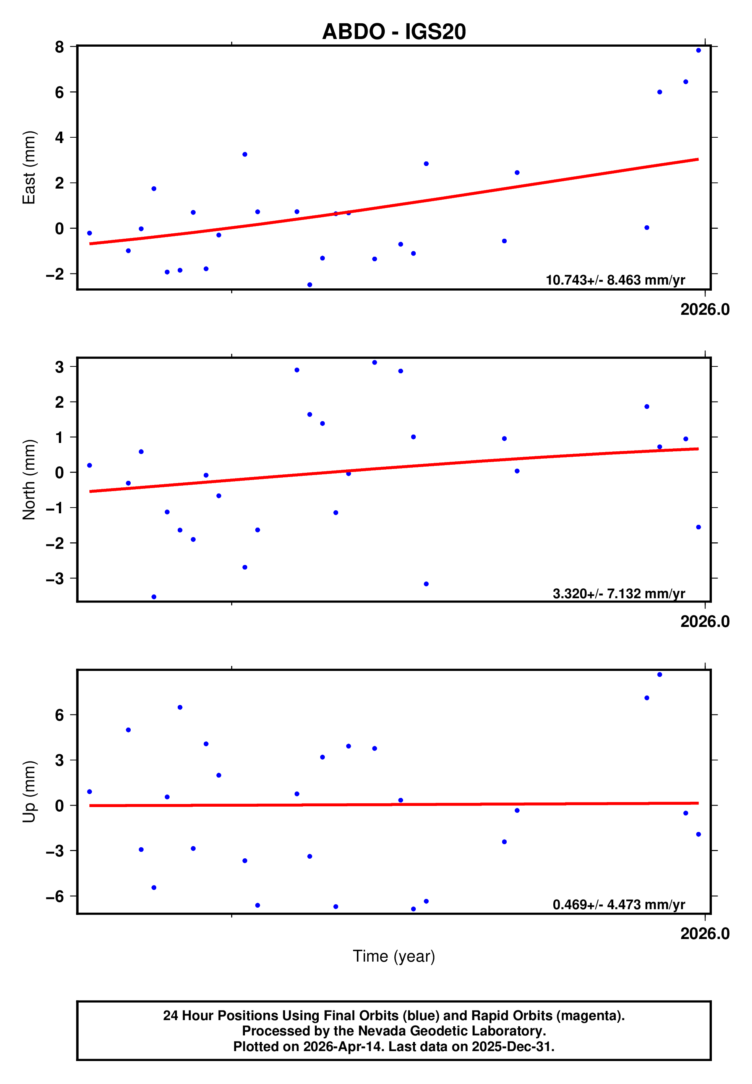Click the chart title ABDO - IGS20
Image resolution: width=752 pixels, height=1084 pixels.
coord(394,32)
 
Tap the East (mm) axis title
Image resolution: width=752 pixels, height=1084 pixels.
coord(29,168)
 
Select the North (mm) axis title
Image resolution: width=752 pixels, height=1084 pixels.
coord(29,480)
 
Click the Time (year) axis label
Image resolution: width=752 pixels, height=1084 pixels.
coord(394,956)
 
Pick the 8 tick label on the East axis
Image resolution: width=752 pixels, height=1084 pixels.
coord(59,47)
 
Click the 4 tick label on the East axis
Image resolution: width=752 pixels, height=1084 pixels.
coord(59,137)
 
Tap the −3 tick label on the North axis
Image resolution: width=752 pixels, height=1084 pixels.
coord(55,579)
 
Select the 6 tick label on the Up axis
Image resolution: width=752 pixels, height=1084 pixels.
coord(59,715)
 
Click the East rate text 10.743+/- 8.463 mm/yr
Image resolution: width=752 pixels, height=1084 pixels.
coord(615,280)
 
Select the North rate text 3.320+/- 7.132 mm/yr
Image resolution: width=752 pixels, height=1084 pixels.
coord(618,594)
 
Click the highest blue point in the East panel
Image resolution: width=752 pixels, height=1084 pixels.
coord(698,50)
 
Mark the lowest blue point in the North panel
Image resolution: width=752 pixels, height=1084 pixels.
coord(154,597)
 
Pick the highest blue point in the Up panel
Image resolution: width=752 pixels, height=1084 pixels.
coord(660,675)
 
